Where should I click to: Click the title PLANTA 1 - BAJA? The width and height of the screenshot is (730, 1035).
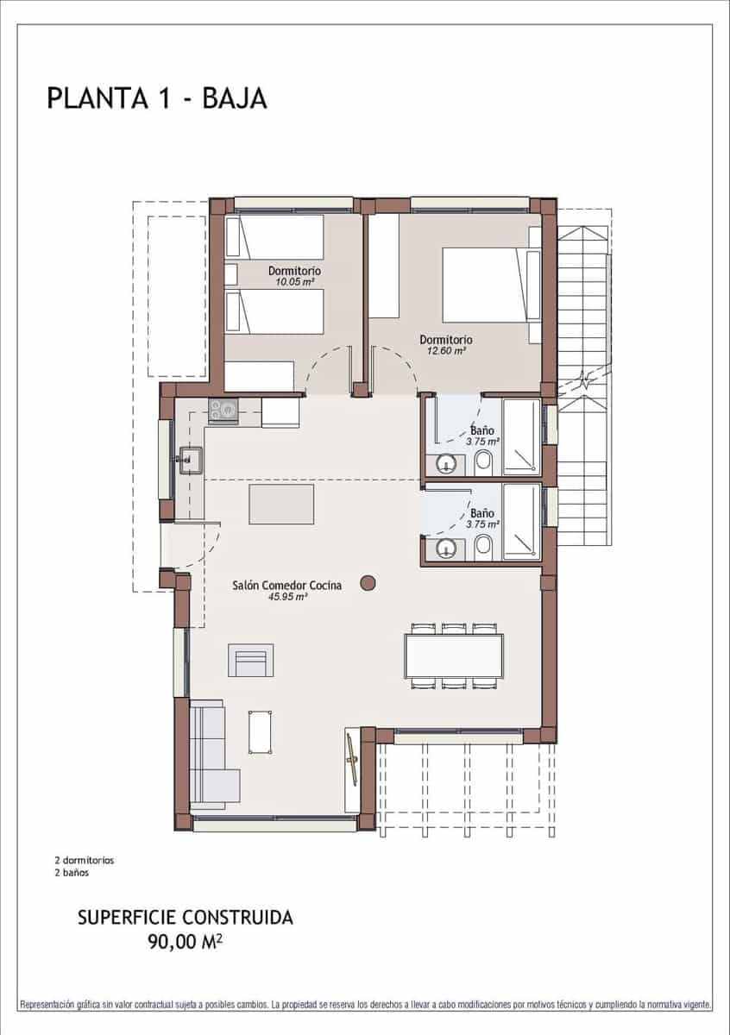click(157, 98)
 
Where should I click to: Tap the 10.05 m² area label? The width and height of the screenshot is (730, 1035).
click(294, 281)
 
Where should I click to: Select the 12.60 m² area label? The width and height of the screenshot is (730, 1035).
click(446, 350)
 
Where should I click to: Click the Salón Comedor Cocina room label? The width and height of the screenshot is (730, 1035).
click(286, 585)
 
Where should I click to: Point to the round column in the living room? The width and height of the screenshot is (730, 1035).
click(368, 583)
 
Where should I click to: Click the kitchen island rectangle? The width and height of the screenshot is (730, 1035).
click(281, 504)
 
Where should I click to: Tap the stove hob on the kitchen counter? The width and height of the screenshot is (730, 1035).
click(223, 411)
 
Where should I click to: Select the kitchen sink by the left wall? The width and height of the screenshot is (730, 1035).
click(191, 461)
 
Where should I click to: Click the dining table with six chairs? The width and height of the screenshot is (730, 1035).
click(454, 655)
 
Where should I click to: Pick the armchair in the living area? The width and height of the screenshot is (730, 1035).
click(250, 661)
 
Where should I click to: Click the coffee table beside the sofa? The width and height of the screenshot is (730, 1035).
click(260, 731)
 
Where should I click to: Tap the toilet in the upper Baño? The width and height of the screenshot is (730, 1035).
click(483, 464)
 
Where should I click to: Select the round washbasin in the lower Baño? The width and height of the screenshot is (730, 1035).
click(446, 548)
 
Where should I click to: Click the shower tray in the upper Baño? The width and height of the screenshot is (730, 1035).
click(521, 436)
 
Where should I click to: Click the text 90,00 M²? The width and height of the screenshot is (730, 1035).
click(186, 942)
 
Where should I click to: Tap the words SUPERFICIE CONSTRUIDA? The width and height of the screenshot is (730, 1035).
click(186, 918)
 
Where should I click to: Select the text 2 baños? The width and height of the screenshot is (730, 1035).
click(72, 872)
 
